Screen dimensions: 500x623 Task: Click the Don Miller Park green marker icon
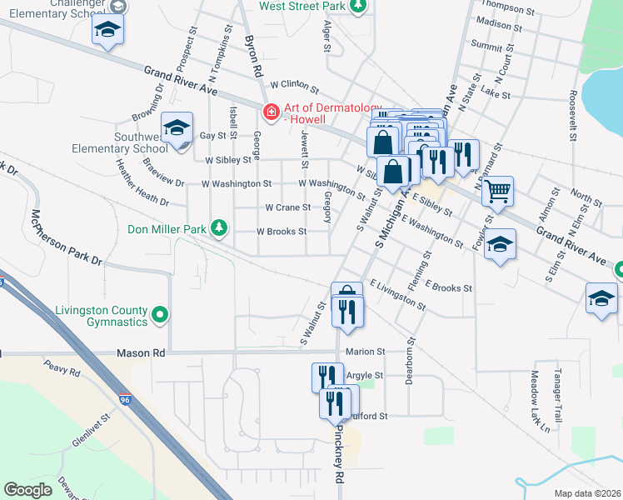point(219,227)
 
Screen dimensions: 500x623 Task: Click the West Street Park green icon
point(358,7)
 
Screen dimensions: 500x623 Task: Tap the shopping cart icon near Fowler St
point(497,191)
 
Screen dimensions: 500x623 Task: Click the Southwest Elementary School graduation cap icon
point(177,128)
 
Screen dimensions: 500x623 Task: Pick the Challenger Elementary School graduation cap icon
point(106,29)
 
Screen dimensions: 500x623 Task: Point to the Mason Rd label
point(142,353)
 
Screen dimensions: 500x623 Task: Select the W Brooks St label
point(282,232)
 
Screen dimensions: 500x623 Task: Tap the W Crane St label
point(287,207)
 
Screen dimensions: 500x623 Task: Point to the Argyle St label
point(365,376)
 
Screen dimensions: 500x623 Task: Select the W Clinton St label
point(294,85)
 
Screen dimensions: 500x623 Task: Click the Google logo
point(27,490)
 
